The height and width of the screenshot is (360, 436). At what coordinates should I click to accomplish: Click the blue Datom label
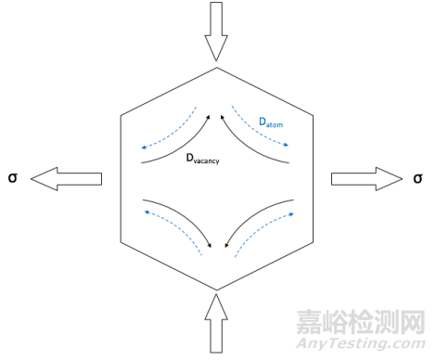[x=273, y=122]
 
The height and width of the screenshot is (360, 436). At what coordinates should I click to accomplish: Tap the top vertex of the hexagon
[x=216, y=66]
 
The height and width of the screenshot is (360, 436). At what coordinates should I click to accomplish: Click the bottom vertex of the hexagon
[x=216, y=288]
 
